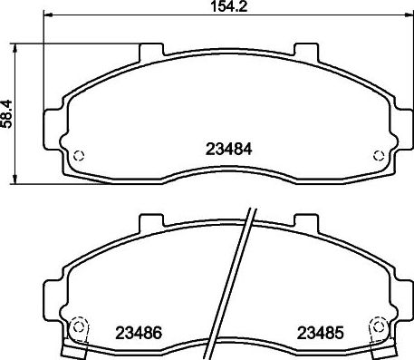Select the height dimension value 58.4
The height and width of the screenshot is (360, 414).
point(7,112)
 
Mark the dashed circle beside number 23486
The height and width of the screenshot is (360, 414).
point(78,327)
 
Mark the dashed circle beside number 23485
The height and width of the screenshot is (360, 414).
point(377,327)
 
